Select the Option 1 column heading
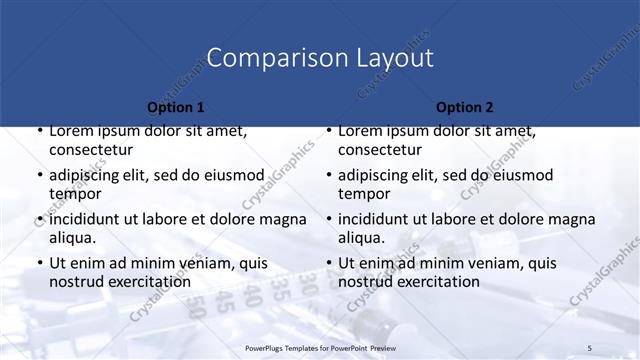pyautogui.click(x=176, y=107)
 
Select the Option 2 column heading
pyautogui.click(x=465, y=107)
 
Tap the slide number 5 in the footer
pyautogui.click(x=590, y=347)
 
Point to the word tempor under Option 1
pyautogui.click(x=76, y=194)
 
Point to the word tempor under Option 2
pyautogui.click(x=365, y=194)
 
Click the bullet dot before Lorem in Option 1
pyautogui.click(x=39, y=131)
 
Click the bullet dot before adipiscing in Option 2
pyautogui.click(x=328, y=175)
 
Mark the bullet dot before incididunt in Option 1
pyautogui.click(x=39, y=219)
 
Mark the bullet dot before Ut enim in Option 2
pyautogui.click(x=328, y=263)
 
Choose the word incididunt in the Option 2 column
pyautogui.click(x=378, y=219)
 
